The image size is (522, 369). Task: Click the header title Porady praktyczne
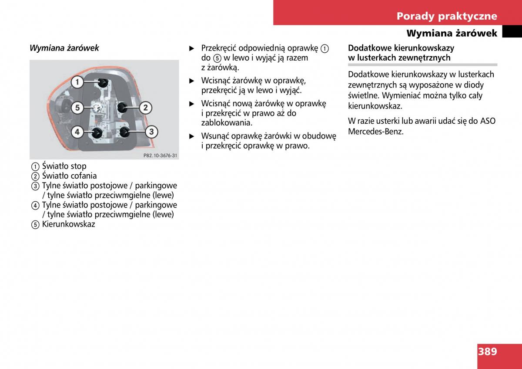tap(446, 16)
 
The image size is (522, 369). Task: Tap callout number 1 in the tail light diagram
tap(77, 81)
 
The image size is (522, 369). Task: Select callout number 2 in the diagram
tap(145, 107)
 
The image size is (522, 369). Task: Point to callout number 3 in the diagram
tap(151, 131)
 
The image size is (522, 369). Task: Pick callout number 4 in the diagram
tap(77, 131)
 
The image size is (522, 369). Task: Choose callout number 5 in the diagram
tap(77, 107)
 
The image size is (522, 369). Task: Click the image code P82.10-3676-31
tap(161, 156)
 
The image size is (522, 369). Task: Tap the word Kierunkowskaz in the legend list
tap(68, 224)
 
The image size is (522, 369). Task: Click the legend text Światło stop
tap(64, 166)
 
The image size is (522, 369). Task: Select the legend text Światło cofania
tap(69, 176)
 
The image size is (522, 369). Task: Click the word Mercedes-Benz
tap(376, 131)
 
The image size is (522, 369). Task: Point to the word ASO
tap(487, 121)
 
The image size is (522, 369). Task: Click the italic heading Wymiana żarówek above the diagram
tap(64, 48)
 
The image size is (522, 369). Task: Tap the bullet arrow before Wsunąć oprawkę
tap(191, 136)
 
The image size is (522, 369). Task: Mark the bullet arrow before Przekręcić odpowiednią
tap(191, 48)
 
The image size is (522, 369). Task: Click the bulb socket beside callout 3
tap(124, 132)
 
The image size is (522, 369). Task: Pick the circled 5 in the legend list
tap(35, 225)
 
